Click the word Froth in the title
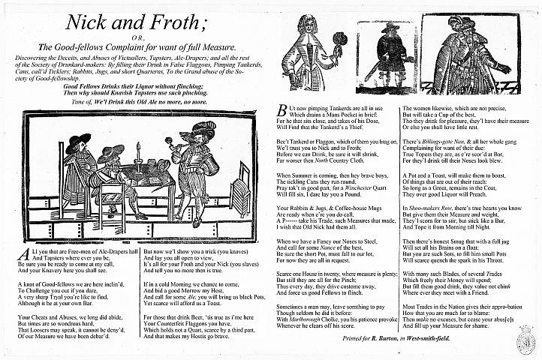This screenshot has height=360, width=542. tap(180, 22)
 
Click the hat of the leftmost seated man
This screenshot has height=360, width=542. tap(78, 140)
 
